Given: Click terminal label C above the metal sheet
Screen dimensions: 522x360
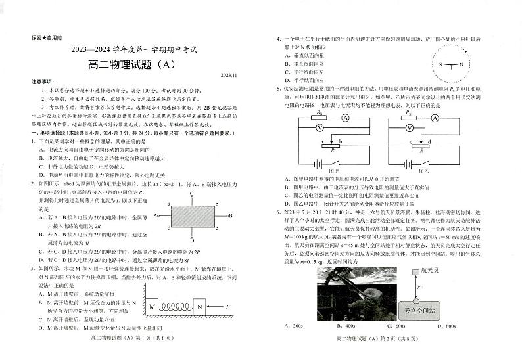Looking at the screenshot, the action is click(x=191, y=194).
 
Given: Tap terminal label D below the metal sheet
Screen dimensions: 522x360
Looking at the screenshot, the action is click(x=191, y=240).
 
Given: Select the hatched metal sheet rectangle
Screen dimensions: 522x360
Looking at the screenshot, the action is click(x=191, y=215).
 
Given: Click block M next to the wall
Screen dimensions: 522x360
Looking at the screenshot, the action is click(x=153, y=307).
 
